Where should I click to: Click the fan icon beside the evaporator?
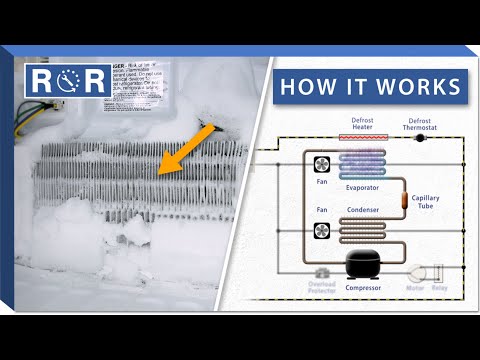click(x=322, y=165)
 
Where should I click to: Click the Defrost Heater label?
click(x=363, y=127)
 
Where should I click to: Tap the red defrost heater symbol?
click(x=362, y=141)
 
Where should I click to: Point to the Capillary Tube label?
click(x=425, y=203)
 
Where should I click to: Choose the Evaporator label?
click(x=364, y=188)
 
